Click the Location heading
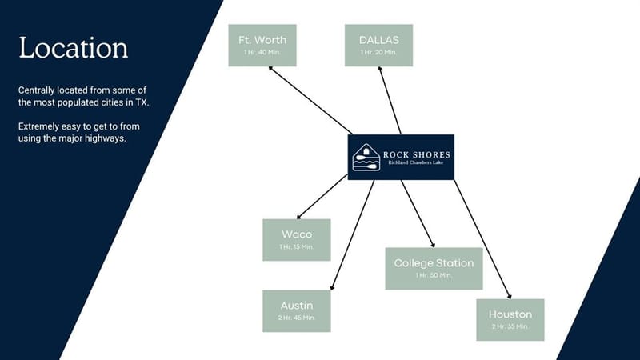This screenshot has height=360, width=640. [x=74, y=48]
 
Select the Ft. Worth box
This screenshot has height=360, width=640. [x=262, y=46]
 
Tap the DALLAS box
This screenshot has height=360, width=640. [x=378, y=46]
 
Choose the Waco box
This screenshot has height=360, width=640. [x=297, y=240]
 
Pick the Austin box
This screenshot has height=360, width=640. [x=297, y=311]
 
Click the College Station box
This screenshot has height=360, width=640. [x=434, y=269]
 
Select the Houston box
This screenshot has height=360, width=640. [x=510, y=320]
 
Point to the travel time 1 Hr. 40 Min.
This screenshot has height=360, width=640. [x=262, y=52]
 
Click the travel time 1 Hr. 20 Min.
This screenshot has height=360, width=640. [x=378, y=52]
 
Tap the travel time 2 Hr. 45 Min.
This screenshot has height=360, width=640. [x=297, y=318]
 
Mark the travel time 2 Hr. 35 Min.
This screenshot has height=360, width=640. [x=510, y=326]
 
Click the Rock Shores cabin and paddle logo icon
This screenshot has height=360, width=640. [x=366, y=157]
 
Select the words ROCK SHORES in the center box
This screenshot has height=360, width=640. [x=416, y=154]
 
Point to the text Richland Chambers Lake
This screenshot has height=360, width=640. [x=415, y=162]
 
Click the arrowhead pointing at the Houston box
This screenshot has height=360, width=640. [x=510, y=297]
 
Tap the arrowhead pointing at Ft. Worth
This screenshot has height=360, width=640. [x=270, y=68]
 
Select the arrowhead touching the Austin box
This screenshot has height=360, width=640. [x=332, y=288]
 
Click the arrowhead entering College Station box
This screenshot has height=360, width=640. [x=433, y=246]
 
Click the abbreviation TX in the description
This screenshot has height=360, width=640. [x=142, y=102]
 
